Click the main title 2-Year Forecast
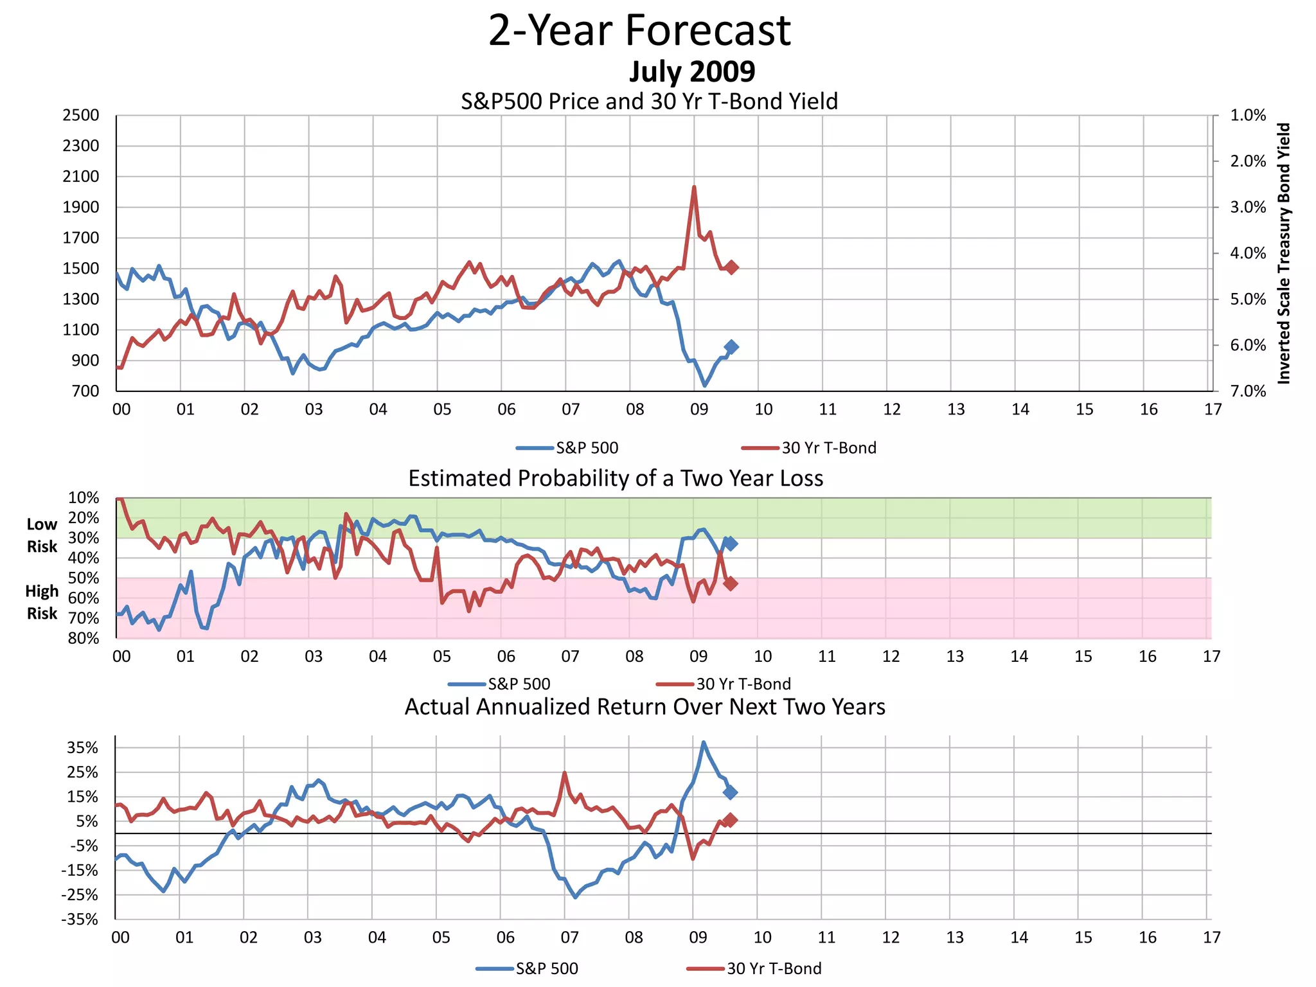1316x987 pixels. click(639, 31)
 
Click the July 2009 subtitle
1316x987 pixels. click(691, 71)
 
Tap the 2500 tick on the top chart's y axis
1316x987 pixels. click(80, 116)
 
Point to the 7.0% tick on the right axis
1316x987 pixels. click(1248, 391)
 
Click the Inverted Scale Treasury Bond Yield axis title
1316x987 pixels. click(1283, 254)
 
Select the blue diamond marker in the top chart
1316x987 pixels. click(731, 347)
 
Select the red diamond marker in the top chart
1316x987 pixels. click(731, 267)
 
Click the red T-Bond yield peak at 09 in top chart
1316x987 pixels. click(694, 188)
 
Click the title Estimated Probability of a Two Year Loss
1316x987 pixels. click(616, 479)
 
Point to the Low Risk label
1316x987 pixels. click(42, 535)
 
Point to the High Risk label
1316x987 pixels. click(42, 602)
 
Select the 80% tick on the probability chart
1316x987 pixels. click(84, 638)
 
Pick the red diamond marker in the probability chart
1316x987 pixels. click(731, 583)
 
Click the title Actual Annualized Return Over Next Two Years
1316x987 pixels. click(645, 707)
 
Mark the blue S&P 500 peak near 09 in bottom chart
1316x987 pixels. click(704, 743)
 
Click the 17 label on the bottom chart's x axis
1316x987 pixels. click(1211, 938)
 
